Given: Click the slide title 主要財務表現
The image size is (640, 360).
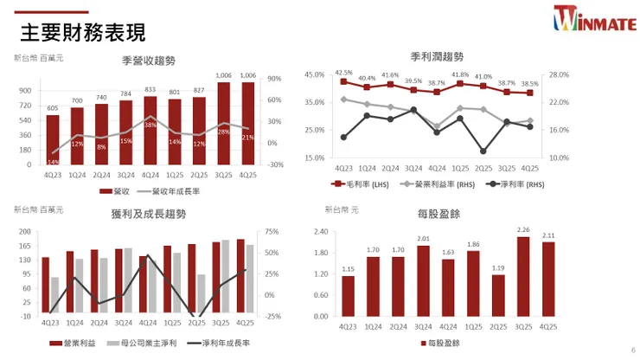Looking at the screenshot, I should pyautogui.click(x=82, y=32).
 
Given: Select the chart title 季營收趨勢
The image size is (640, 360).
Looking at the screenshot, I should pyautogui.click(x=149, y=61).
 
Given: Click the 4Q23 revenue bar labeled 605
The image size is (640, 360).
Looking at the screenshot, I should pyautogui.click(x=53, y=138).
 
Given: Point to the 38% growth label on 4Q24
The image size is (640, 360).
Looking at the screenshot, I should pyautogui.click(x=150, y=125).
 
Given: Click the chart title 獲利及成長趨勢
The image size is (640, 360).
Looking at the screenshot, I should pyautogui.click(x=149, y=214).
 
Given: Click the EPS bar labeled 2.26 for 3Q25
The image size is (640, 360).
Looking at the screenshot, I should pyautogui.click(x=523, y=276).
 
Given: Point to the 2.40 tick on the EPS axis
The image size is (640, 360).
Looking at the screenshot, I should pyautogui.click(x=322, y=232).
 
